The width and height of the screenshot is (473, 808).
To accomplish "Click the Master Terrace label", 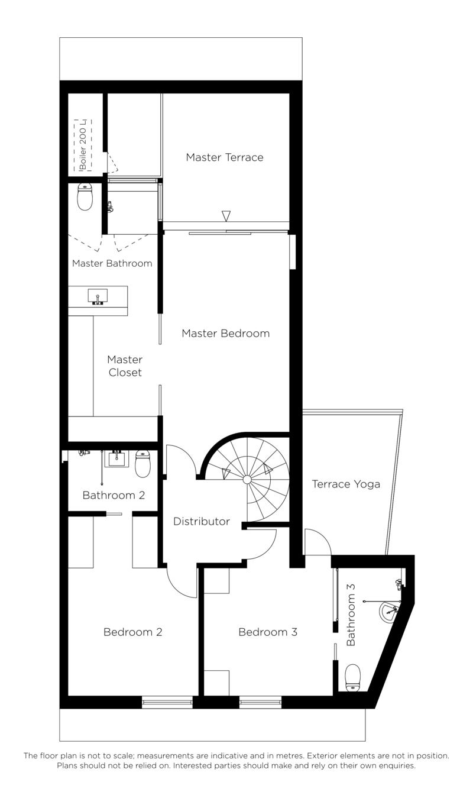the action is point(225,157).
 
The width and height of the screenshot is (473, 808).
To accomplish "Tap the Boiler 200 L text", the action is point(83,145).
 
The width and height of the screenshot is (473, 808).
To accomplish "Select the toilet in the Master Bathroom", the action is point(85,196).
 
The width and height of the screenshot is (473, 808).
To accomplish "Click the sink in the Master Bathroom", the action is point(98,296).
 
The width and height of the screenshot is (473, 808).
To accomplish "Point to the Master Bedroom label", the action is point(226,333).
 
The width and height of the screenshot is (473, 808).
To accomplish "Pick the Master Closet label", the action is point(125,366).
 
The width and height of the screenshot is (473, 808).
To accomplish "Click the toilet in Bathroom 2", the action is point(142,464).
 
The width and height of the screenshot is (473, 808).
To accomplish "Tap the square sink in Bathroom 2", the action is point(116,458).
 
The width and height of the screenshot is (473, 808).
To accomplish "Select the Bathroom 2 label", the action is point(114,495).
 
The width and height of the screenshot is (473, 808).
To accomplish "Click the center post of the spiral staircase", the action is point(247,479).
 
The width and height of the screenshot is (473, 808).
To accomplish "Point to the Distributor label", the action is point(202,521).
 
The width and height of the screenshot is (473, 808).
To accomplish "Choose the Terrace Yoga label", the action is point(346,484).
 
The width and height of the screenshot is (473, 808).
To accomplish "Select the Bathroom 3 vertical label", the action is point(351,615).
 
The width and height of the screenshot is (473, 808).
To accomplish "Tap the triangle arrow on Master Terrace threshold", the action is point(226,216).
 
